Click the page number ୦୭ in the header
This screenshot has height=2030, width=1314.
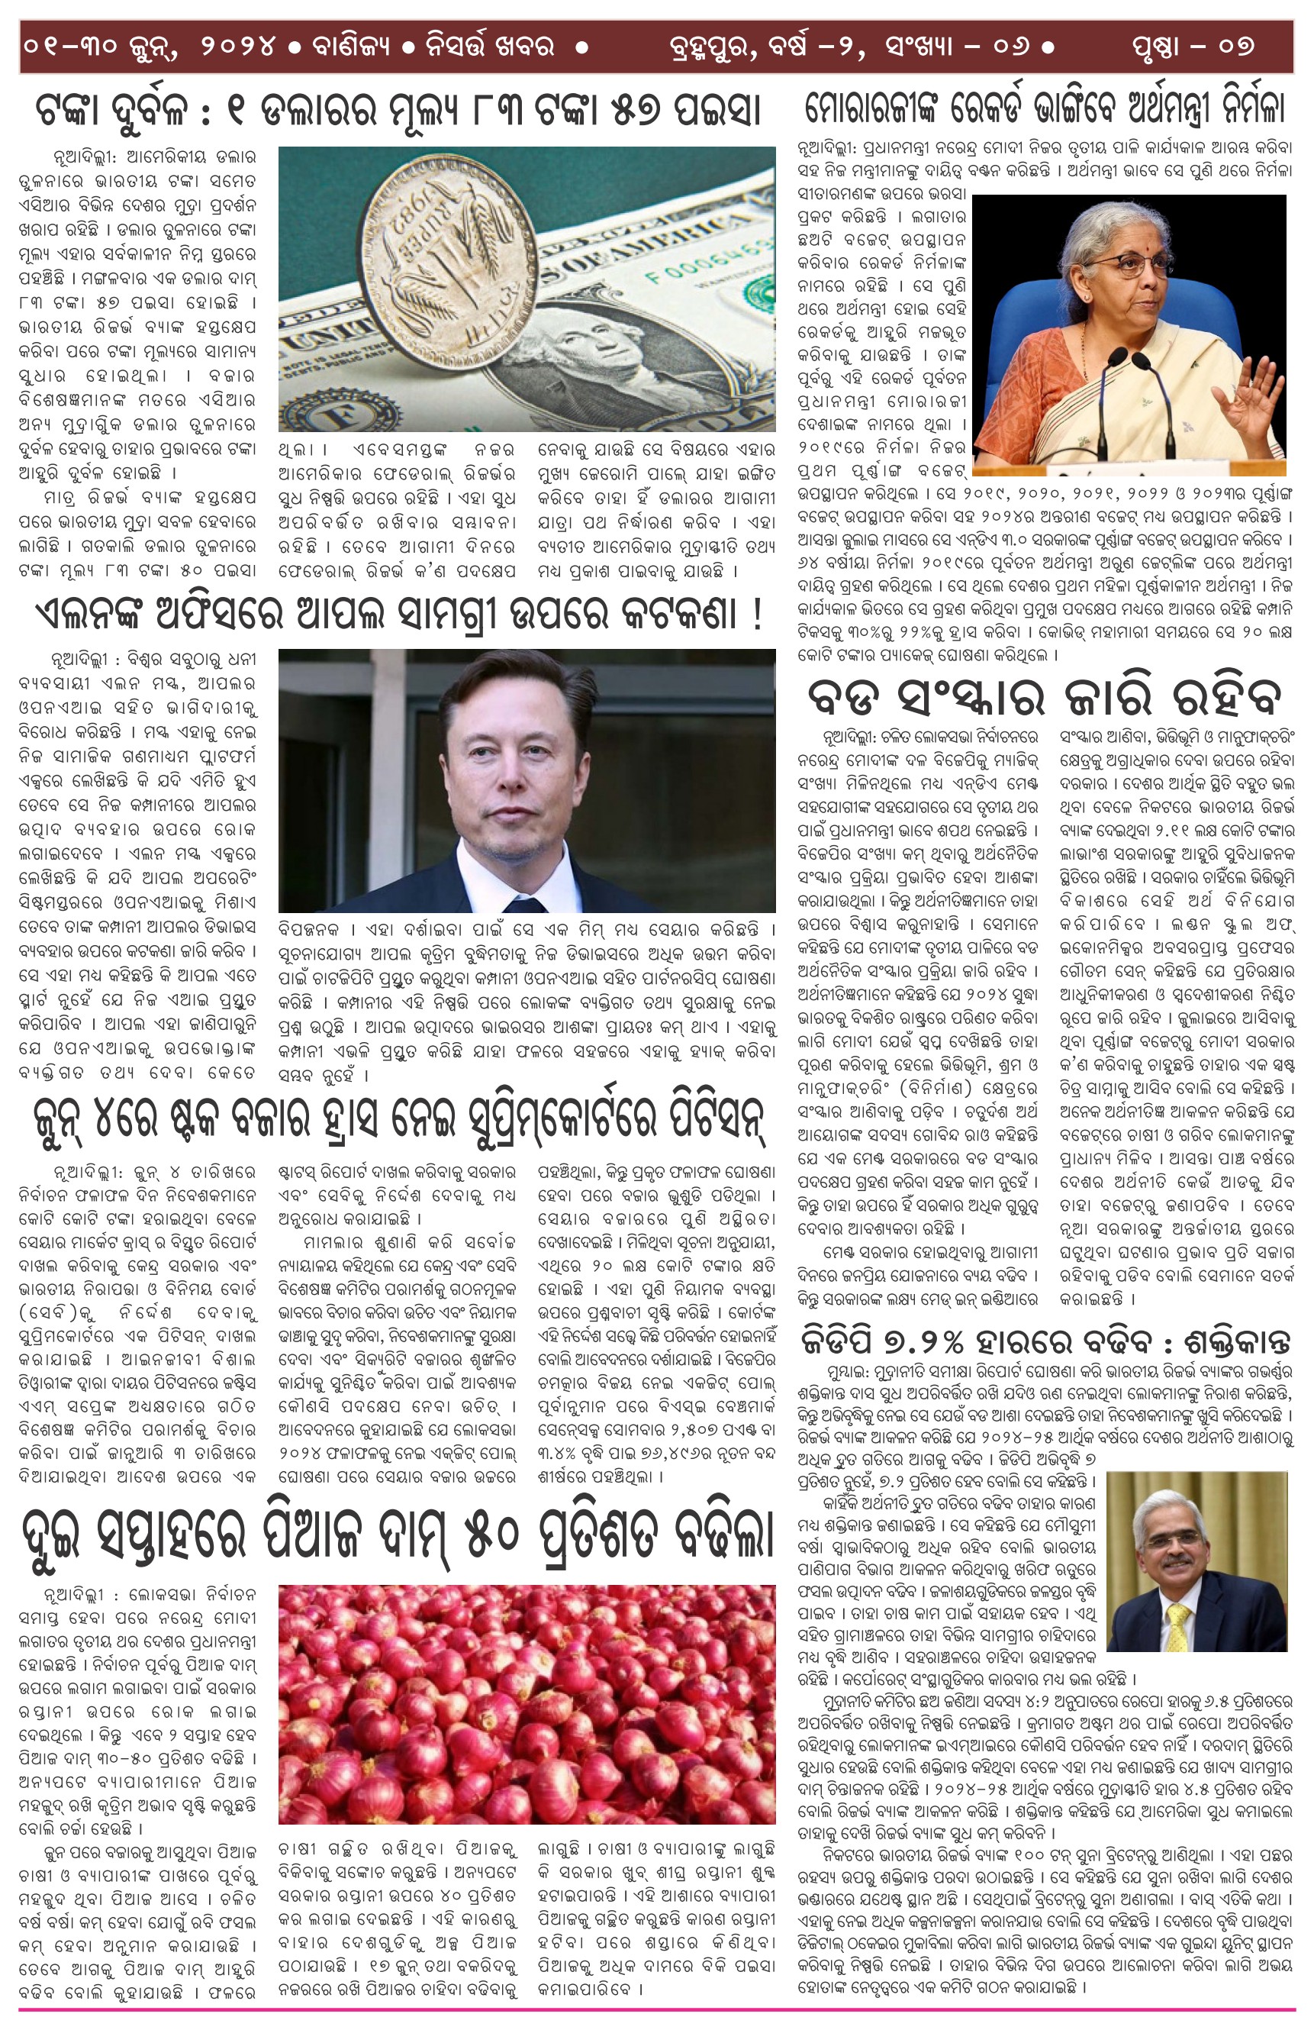tap(1236, 45)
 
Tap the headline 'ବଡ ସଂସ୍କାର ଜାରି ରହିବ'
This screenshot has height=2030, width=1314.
tap(1045, 698)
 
